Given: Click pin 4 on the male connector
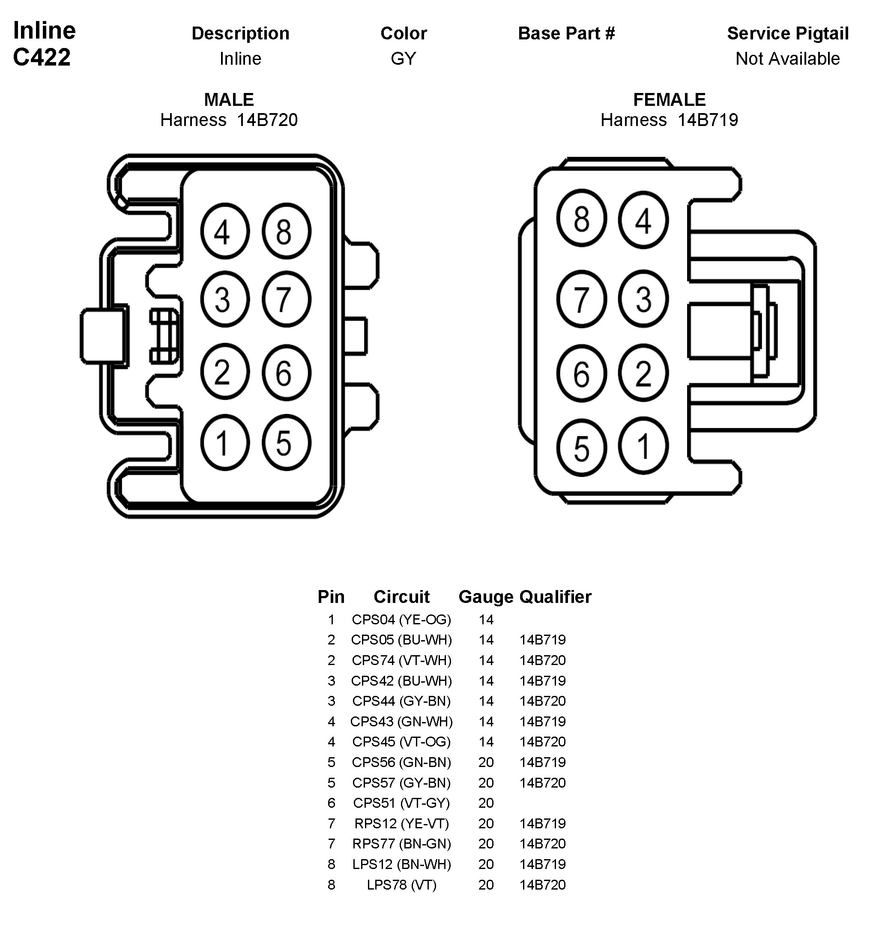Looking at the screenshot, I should [224, 231].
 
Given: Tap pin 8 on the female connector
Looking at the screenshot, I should [581, 219].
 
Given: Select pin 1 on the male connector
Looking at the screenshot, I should [224, 443].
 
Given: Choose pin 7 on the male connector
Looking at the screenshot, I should [286, 299].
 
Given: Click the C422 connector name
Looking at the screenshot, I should [42, 57].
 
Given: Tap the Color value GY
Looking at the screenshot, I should [403, 59].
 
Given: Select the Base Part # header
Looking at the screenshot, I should [566, 33].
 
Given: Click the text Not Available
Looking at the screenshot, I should [787, 59].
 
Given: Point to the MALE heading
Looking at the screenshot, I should [229, 99].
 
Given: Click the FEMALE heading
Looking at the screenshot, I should [669, 99].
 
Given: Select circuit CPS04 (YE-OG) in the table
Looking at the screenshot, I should [401, 620].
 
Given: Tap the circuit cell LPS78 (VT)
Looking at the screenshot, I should [401, 885].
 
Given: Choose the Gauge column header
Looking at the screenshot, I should [485, 596].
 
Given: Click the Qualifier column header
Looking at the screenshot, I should [555, 596].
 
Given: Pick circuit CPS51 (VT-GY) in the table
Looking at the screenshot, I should [401, 803].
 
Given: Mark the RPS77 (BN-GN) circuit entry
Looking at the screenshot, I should [401, 844].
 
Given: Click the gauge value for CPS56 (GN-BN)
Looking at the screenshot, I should [486, 762].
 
